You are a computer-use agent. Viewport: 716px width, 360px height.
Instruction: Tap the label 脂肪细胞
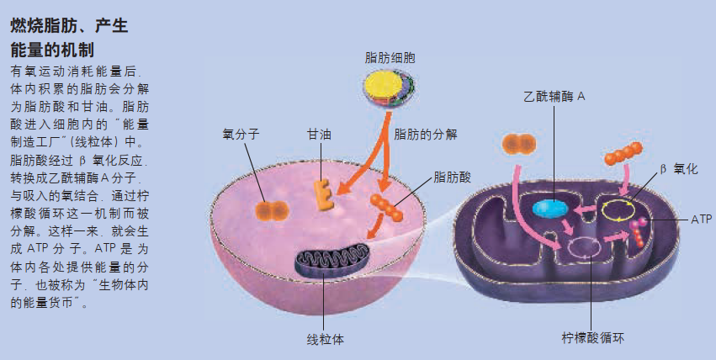point(391,58)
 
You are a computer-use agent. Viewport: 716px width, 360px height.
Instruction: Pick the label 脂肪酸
point(453,177)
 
